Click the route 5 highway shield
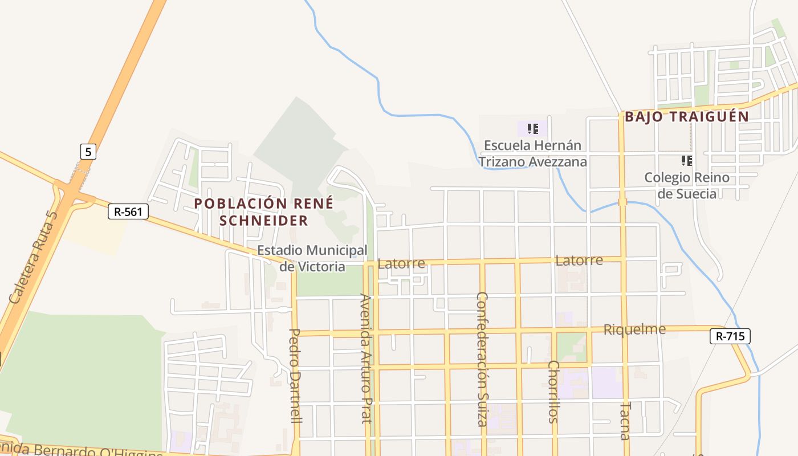click(x=88, y=152)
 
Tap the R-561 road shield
click(x=128, y=212)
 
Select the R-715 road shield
click(x=730, y=336)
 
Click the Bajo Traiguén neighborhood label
click(x=687, y=117)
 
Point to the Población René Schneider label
click(x=264, y=211)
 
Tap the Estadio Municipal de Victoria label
click(x=312, y=258)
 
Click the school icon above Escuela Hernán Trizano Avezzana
click(x=532, y=129)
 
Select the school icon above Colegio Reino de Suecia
click(x=686, y=161)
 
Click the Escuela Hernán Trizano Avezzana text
click(x=532, y=153)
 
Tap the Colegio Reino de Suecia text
click(x=687, y=185)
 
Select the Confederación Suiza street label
click(x=482, y=359)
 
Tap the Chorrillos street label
click(x=552, y=392)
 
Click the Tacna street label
click(x=625, y=421)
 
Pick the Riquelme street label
click(x=634, y=329)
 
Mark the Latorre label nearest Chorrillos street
click(x=579, y=260)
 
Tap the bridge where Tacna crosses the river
click(x=622, y=202)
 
